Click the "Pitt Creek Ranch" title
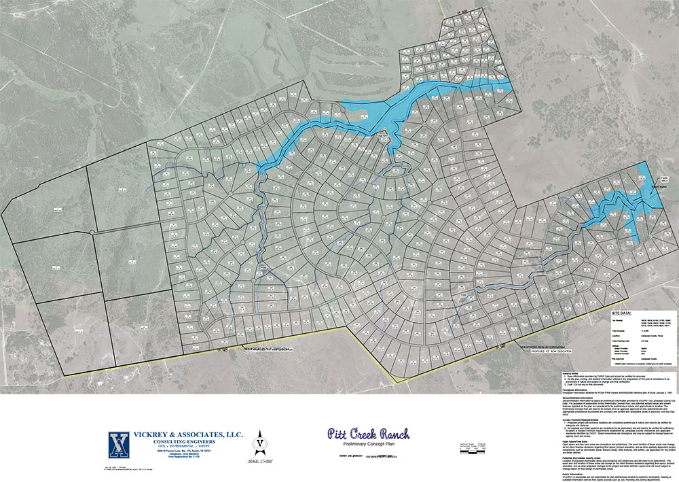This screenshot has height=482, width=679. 368,433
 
